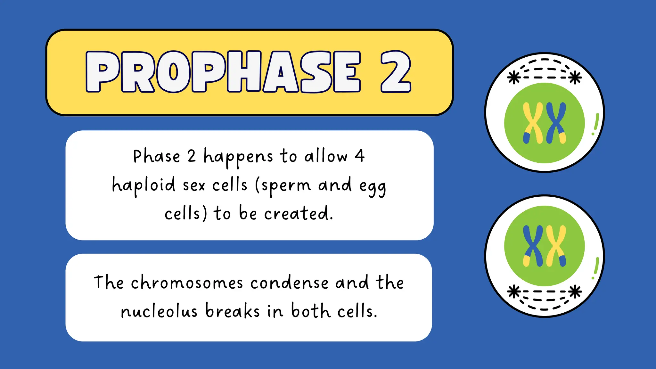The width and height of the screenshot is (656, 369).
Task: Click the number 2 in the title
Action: click(396, 72)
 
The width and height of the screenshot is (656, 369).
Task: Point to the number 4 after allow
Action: click(360, 156)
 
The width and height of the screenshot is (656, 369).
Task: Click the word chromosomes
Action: click(187, 283)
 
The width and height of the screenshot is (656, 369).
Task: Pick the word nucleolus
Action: click(159, 311)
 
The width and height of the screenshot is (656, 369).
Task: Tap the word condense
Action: click(289, 283)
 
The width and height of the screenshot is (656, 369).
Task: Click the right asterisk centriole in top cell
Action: click(575, 78)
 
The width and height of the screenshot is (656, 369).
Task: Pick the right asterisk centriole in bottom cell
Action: click(575, 292)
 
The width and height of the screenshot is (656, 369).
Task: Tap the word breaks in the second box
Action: click(232, 311)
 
